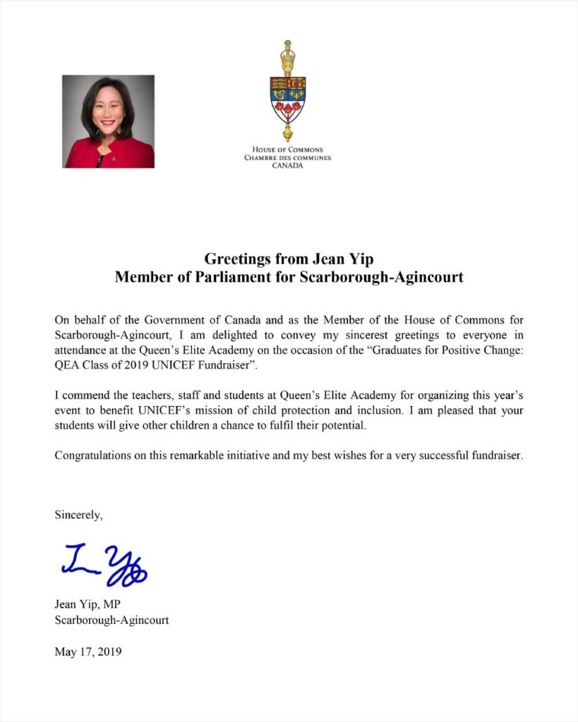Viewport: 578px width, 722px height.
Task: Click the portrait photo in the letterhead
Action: click(109, 121)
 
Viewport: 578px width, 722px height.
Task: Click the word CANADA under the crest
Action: click(287, 166)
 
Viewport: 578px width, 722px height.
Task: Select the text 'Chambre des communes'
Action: click(287, 158)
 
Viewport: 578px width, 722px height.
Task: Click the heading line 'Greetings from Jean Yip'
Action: click(289, 259)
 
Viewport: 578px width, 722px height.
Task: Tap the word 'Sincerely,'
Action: click(79, 515)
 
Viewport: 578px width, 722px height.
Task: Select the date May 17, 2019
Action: click(88, 651)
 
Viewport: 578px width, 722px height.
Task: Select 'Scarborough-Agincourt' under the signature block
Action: click(112, 620)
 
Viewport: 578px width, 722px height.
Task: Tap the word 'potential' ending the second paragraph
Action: click(345, 426)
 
